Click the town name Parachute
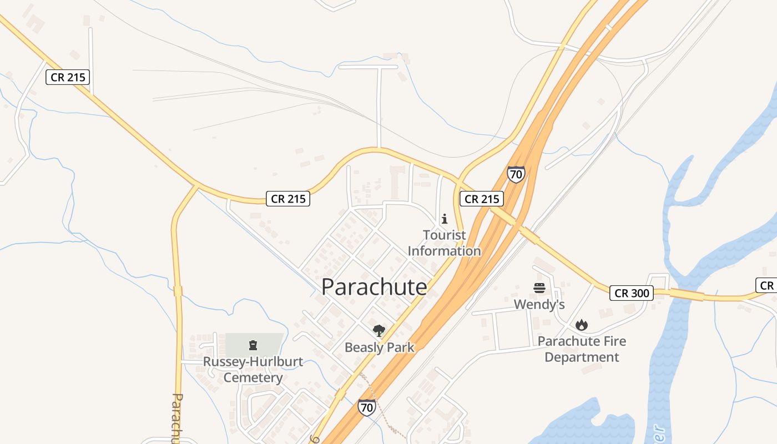(374, 287)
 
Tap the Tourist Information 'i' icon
(444, 219)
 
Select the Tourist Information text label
(444, 243)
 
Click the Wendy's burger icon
(539, 288)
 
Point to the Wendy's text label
(539, 304)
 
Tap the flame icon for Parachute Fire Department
(581, 325)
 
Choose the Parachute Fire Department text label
(582, 349)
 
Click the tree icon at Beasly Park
(379, 331)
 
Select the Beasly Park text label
(380, 347)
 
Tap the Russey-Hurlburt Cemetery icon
(253, 345)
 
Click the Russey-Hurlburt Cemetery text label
(253, 370)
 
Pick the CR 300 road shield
(632, 293)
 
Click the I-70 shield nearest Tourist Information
(516, 175)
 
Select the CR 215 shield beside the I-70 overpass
(481, 199)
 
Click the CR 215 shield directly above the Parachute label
(289, 199)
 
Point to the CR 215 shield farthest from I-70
(68, 77)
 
